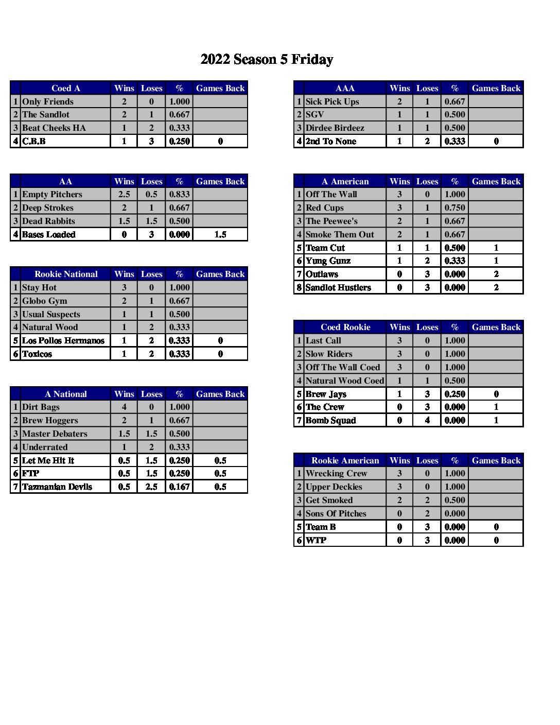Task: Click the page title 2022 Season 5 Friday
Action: click(x=267, y=60)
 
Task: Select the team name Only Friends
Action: click(x=48, y=101)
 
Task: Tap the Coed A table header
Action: click(x=65, y=88)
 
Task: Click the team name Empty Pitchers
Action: click(x=52, y=194)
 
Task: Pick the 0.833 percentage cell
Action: click(x=179, y=194)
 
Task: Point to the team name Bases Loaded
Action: click(x=49, y=234)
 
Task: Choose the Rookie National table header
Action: click(x=65, y=274)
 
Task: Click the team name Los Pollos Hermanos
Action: click(x=63, y=340)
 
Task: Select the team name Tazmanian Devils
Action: click(x=57, y=487)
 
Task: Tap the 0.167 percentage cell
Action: click(x=179, y=487)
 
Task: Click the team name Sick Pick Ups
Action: click(x=332, y=101)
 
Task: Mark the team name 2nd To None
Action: click(x=330, y=141)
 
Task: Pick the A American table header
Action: click(x=345, y=181)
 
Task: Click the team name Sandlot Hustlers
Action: click(x=338, y=287)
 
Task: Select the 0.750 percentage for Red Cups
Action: click(x=454, y=208)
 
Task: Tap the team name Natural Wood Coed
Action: click(x=344, y=381)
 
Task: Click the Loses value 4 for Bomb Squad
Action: click(x=427, y=420)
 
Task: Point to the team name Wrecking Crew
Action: click(x=336, y=473)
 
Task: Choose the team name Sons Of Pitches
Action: click(x=336, y=513)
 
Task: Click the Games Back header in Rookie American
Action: click(x=496, y=460)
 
